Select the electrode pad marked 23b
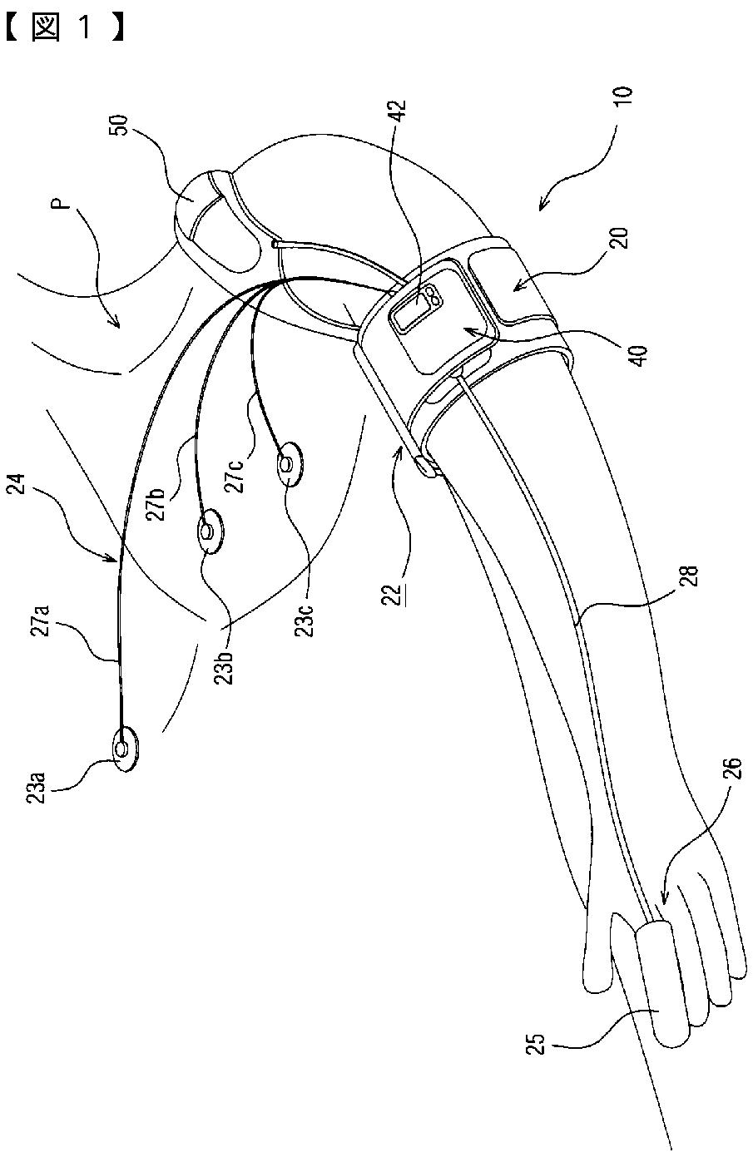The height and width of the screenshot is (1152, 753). tap(208, 530)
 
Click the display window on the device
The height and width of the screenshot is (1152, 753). tap(410, 313)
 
